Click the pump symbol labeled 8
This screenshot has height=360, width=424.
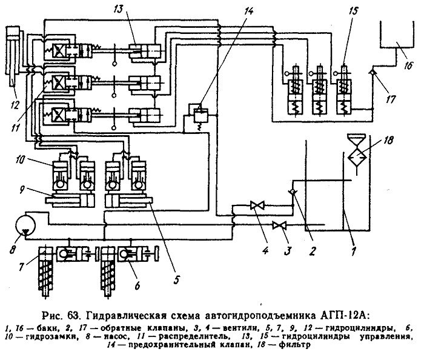[x=25, y=223]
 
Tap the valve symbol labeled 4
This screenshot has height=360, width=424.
[x=255, y=205]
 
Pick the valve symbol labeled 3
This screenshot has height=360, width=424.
[x=278, y=225]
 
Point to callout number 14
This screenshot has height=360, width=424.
[x=249, y=12]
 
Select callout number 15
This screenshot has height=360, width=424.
[x=353, y=12]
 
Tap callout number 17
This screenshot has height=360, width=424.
[x=391, y=99]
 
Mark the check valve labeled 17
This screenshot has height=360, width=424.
[x=373, y=72]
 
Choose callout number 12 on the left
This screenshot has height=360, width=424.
[x=15, y=105]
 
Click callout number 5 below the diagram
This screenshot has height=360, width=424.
[x=176, y=279]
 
